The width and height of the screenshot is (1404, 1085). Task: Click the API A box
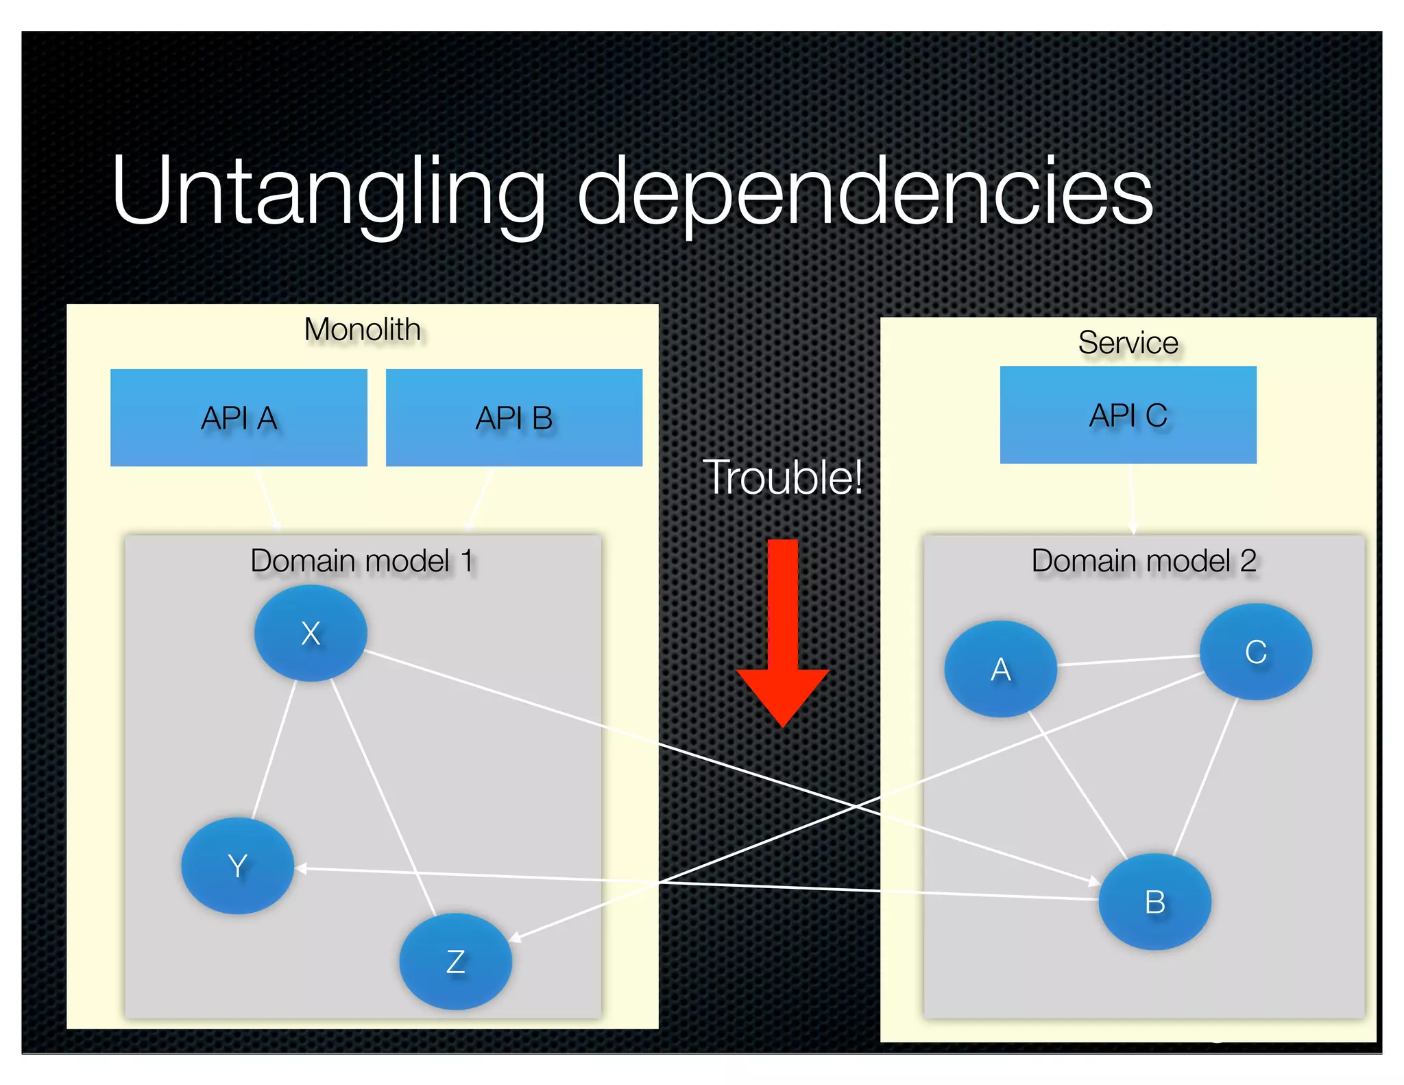[239, 418]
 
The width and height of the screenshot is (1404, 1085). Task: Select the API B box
[514, 418]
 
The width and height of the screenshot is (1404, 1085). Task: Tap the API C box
[1128, 415]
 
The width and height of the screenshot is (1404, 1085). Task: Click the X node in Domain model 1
[311, 632]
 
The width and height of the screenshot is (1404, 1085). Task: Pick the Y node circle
[237, 866]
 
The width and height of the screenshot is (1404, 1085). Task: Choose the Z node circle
[455, 961]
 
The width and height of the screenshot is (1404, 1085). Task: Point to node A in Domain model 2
[1000, 669]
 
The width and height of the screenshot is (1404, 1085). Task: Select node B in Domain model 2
[1154, 901]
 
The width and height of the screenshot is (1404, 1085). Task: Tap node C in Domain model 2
[1255, 652]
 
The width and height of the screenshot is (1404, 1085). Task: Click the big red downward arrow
[782, 631]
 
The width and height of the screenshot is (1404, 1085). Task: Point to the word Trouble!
[782, 477]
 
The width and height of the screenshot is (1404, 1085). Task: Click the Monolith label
[362, 330]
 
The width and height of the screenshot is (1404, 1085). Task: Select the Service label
[1128, 343]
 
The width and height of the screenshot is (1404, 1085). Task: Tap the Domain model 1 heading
[362, 561]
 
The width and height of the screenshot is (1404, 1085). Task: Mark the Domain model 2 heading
[1143, 561]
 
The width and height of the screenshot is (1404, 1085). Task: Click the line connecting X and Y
[274, 749]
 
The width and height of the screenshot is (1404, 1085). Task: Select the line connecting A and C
[1128, 660]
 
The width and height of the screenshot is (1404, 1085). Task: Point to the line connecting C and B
[1206, 776]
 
